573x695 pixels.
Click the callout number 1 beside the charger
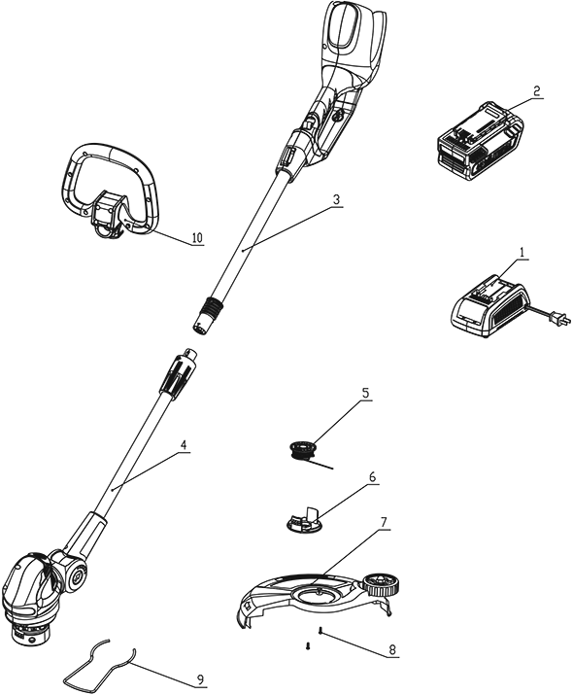coord(522,253)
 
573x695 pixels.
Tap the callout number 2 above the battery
coord(536,91)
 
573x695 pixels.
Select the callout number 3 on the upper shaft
coord(336,199)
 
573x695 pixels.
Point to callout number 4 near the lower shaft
coord(183,445)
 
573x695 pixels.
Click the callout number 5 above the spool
coord(365,393)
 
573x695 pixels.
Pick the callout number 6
coord(372,477)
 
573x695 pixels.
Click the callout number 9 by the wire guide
coord(200,679)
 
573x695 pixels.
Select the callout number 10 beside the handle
coord(197,238)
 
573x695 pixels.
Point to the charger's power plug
coord(556,318)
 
